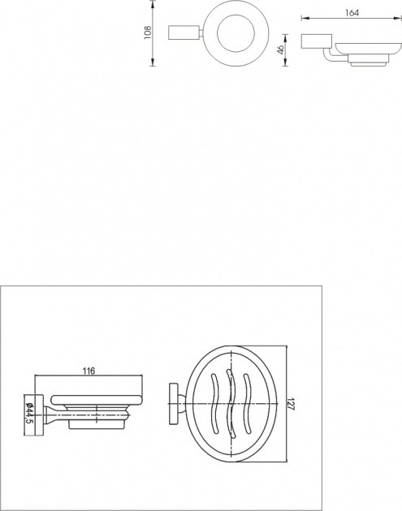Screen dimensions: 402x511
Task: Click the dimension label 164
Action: click(352, 13)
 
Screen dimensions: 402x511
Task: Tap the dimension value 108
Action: click(148, 32)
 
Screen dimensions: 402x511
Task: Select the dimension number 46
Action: click(280, 49)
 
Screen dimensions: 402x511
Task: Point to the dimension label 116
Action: click(89, 371)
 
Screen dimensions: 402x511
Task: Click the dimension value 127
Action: click(292, 404)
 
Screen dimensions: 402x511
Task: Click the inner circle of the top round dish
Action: click(236, 33)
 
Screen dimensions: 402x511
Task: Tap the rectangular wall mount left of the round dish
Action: click(184, 32)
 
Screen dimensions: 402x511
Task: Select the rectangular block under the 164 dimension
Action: click(316, 41)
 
